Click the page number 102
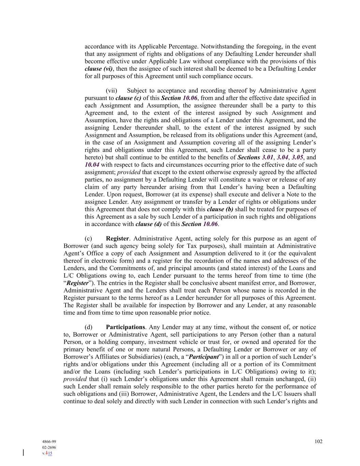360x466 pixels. click(318, 441)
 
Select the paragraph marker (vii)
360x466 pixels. click(111, 90)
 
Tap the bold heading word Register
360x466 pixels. click(117, 238)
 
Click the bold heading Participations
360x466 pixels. click(125, 327)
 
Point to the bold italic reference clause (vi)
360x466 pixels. click(98, 69)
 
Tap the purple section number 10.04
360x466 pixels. click(92, 165)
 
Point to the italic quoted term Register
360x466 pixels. click(77, 283)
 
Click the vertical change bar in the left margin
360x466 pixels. click(23, 453)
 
